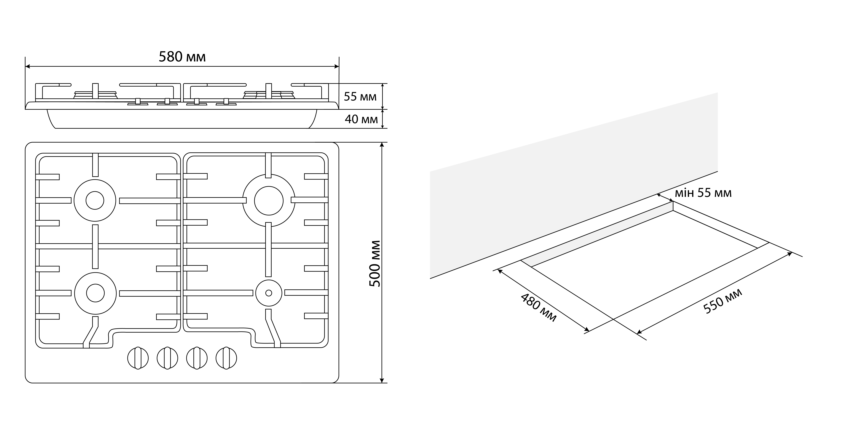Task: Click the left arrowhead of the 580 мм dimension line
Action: (27, 67)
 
